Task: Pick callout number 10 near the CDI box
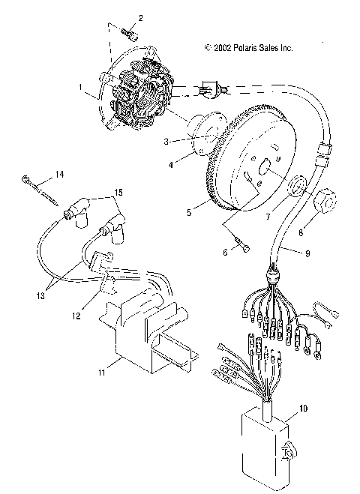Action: click(302, 409)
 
